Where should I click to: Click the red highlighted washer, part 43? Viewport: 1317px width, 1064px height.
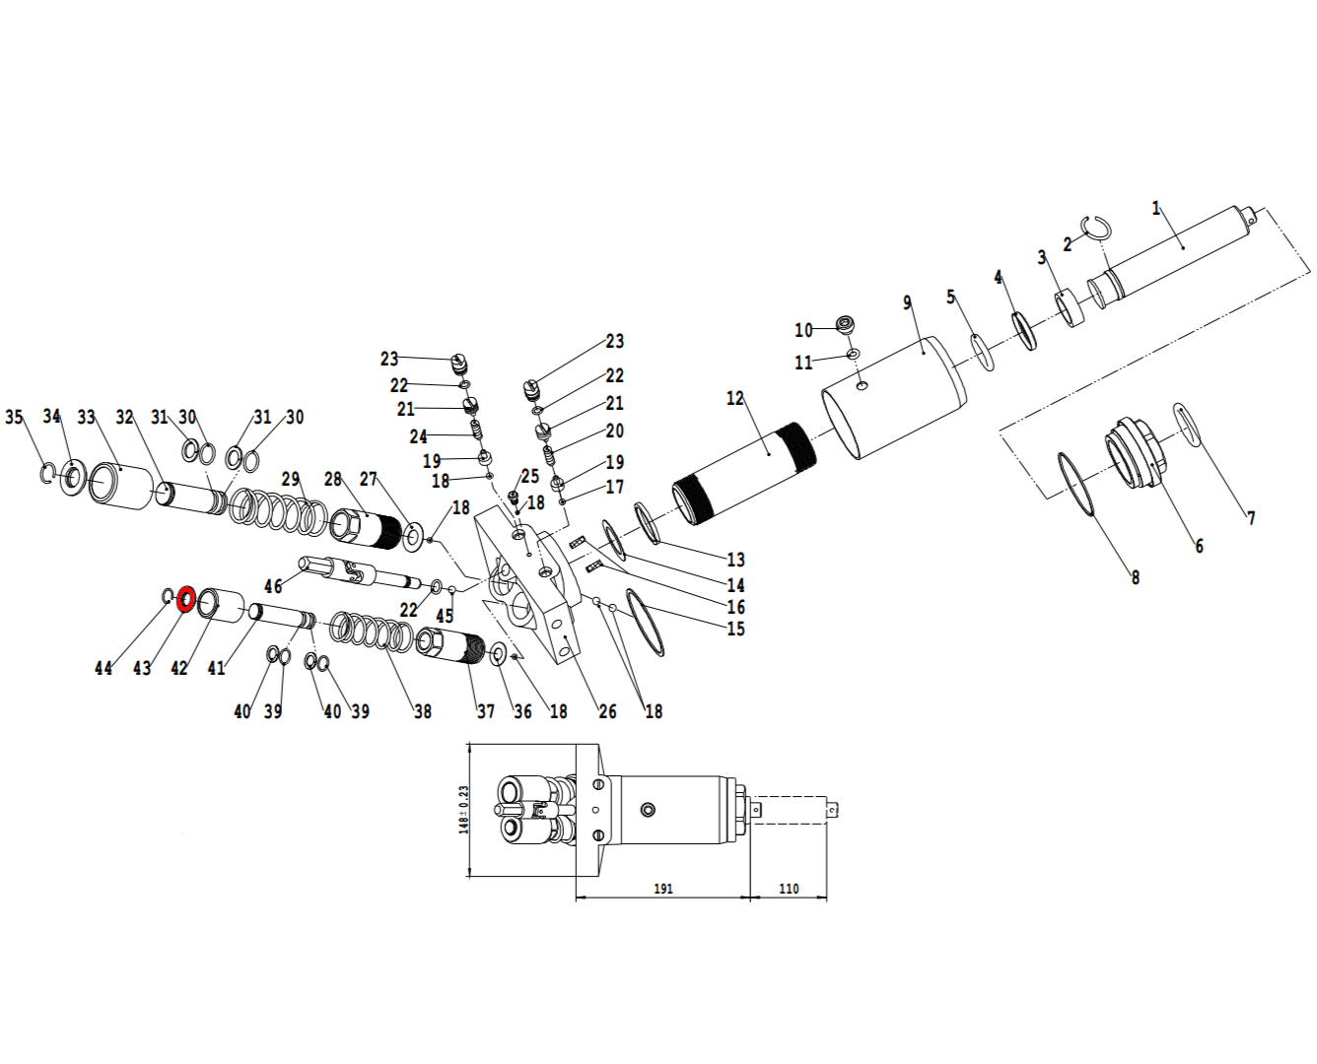click(185, 599)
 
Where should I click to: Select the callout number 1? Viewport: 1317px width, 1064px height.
click(1155, 209)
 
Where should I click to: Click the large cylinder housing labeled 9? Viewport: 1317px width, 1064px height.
click(894, 398)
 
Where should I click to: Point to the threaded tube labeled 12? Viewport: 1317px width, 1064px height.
click(744, 474)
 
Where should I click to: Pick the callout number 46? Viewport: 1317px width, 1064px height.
click(273, 586)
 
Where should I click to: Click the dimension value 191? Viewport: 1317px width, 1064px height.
click(662, 889)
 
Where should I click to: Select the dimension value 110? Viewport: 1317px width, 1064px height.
click(789, 889)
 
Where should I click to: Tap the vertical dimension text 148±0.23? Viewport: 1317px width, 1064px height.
click(463, 810)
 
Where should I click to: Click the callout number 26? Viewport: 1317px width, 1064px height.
click(607, 711)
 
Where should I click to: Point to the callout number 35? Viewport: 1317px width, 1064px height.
click(14, 417)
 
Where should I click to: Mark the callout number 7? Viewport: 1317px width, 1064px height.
click(1251, 518)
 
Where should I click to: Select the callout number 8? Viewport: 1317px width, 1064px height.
click(1136, 577)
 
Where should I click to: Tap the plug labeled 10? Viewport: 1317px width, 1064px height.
click(845, 324)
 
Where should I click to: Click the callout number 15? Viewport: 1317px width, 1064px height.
click(735, 629)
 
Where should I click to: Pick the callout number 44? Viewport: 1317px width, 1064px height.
click(104, 668)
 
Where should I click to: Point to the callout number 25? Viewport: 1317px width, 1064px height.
click(530, 477)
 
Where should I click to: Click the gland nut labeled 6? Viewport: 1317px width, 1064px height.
click(1136, 454)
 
